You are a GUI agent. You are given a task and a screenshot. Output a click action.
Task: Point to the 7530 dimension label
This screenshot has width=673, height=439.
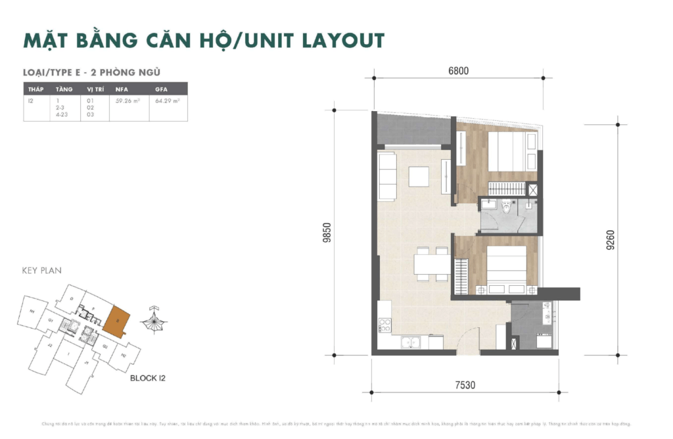(464, 385)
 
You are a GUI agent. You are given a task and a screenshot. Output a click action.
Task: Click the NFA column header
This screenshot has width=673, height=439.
(122, 89)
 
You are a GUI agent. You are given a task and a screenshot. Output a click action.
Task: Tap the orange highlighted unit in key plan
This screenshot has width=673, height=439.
(117, 321)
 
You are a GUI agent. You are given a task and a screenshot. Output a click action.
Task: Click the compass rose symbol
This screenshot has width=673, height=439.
(155, 321)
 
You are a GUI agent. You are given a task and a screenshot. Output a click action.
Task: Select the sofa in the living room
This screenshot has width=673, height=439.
(388, 176)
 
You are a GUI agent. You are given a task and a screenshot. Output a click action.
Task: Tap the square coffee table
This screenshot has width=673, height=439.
(419, 177)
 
